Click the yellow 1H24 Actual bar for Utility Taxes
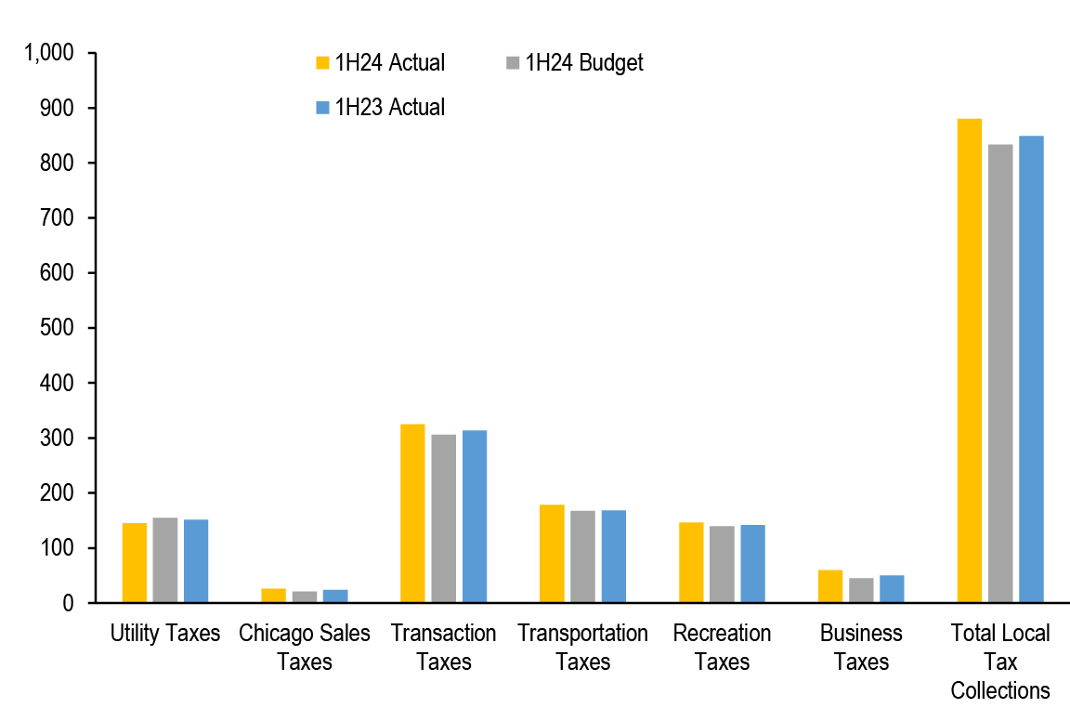pos(135,563)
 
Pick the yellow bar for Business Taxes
pos(830,586)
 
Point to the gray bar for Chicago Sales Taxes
pos(305,597)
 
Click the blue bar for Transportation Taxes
pos(614,557)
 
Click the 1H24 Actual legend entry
pos(381,63)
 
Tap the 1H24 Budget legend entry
pos(574,63)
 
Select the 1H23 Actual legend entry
pos(381,107)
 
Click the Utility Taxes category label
pos(165,634)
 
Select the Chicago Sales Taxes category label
pos(305,648)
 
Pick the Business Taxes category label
pos(861,648)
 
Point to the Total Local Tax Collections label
pos(1000,662)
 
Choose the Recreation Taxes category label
pos(722,648)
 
